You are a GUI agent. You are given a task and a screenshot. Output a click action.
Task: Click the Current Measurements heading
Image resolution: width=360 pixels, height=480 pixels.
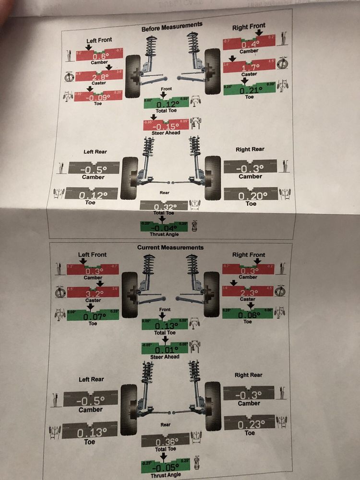click(x=170, y=248)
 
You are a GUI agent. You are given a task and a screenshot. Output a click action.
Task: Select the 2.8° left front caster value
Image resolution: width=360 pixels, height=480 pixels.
click(x=99, y=76)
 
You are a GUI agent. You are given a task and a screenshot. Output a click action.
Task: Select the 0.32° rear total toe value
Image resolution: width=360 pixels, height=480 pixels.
click(x=164, y=206)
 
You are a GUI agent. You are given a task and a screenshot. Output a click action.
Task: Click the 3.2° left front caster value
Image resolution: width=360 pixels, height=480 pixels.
click(x=94, y=293)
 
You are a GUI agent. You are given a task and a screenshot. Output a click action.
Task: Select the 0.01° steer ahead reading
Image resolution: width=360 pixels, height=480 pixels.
click(x=164, y=348)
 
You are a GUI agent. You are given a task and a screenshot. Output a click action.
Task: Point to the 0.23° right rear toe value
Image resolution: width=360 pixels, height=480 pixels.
click(x=249, y=424)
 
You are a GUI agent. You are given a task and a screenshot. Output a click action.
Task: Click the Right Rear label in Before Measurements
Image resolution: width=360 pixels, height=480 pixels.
click(x=250, y=149)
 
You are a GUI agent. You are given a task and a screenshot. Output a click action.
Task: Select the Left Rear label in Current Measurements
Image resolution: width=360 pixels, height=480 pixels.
click(x=91, y=380)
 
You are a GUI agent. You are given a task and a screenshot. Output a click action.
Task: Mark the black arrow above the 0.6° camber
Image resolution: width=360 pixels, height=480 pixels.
click(x=89, y=48)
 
